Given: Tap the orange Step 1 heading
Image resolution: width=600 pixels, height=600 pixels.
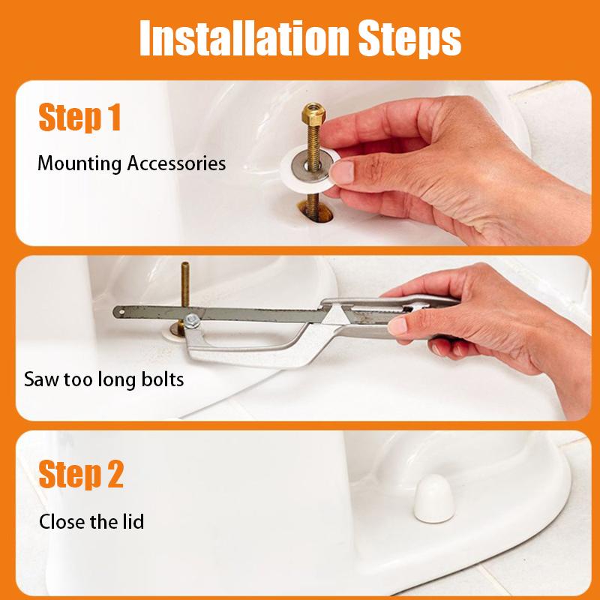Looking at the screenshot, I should coord(79,118).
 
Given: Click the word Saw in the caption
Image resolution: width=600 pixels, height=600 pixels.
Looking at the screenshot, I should coord(40,379).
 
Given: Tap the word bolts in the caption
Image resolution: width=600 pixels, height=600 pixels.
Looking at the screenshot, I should coord(160,379).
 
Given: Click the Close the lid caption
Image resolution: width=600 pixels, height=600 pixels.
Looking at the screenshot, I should coord(91,520).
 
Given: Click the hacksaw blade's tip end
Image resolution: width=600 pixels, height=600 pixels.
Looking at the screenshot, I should coord(118,310).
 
